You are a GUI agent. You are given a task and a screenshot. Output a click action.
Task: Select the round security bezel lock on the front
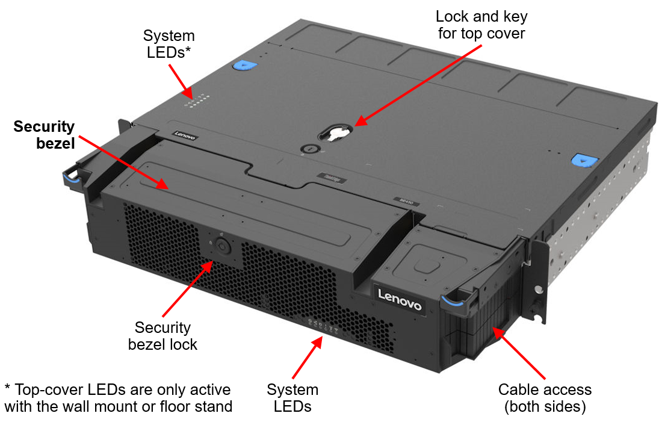221,246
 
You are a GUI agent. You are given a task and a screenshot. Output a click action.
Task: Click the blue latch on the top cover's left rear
243,66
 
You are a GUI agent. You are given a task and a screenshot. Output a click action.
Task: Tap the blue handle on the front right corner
455,299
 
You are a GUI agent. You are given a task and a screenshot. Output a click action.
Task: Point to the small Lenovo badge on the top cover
185,136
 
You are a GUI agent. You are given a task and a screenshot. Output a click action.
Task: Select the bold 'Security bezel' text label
44,135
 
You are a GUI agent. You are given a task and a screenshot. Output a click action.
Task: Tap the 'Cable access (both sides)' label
545,398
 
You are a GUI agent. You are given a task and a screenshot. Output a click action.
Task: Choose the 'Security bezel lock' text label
162,336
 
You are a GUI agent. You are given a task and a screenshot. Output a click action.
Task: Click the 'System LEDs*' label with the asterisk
169,44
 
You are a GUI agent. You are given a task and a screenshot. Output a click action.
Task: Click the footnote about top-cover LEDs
117,397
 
